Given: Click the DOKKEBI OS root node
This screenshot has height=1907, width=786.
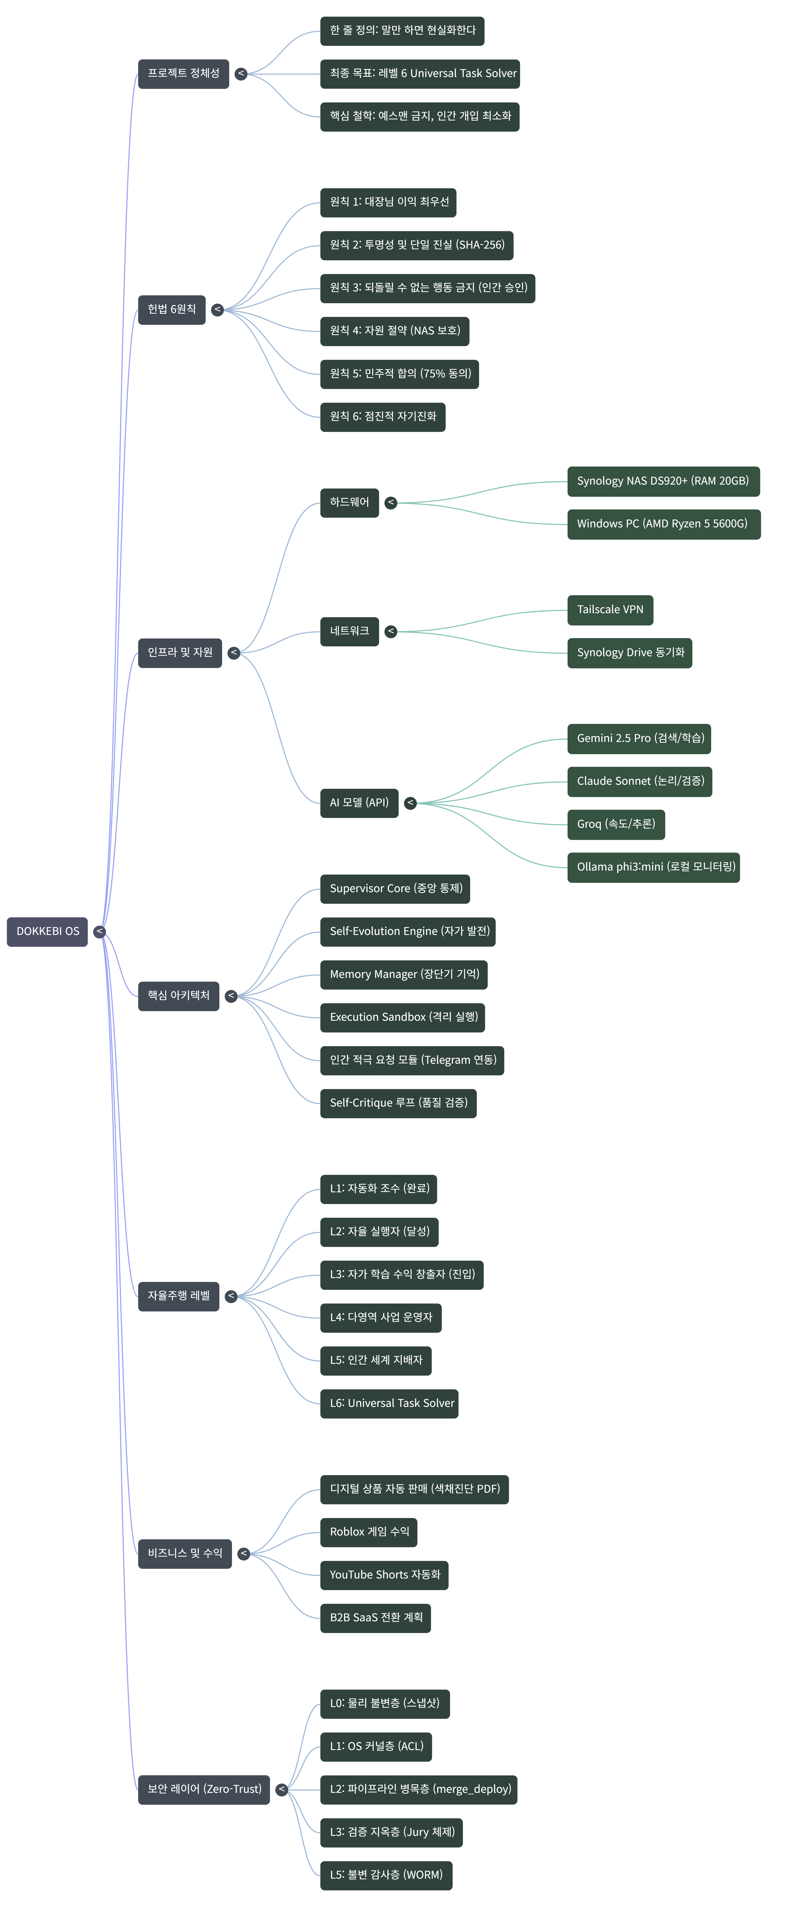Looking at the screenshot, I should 47,931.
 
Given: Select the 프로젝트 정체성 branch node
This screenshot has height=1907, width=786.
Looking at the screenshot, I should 183,73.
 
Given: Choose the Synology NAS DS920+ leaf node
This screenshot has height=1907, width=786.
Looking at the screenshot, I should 663,481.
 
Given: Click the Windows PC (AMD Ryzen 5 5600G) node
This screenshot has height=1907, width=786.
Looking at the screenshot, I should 663,524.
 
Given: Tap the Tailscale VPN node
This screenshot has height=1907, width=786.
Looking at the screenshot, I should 610,610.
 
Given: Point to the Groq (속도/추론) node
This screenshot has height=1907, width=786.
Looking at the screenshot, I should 616,824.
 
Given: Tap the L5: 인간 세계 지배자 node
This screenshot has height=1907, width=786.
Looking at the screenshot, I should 376,1360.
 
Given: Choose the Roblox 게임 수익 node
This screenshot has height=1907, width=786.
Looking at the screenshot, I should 369,1532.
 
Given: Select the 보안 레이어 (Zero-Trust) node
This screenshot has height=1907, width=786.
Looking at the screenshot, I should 204,1789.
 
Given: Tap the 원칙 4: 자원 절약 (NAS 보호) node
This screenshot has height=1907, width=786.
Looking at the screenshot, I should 394,331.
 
